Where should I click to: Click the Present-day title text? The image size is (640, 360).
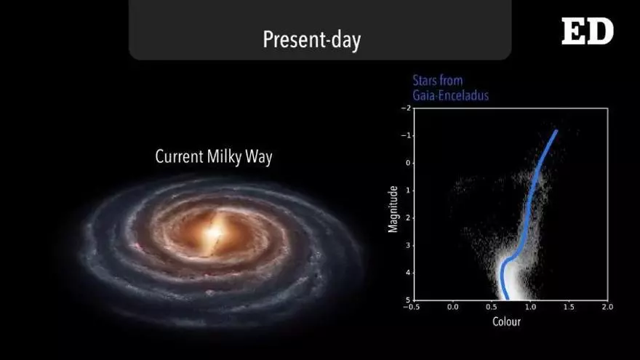pyautogui.click(x=312, y=39)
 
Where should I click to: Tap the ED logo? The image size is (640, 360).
pyautogui.click(x=588, y=31)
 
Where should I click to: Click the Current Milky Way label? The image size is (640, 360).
pyautogui.click(x=214, y=157)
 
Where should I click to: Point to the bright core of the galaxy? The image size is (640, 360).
pyautogui.click(x=214, y=234)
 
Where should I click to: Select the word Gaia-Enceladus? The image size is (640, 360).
pyautogui.click(x=450, y=95)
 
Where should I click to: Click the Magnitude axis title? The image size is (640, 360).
pyautogui.click(x=393, y=209)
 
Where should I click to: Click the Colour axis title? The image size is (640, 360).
pyautogui.click(x=506, y=321)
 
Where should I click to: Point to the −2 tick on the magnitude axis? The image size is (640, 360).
pyautogui.click(x=406, y=108)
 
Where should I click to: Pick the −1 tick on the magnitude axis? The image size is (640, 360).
pyautogui.click(x=406, y=135)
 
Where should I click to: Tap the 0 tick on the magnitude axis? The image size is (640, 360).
pyautogui.click(x=408, y=163)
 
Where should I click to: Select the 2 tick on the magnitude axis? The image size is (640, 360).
pyautogui.click(x=408, y=218)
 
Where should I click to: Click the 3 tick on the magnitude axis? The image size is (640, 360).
pyautogui.click(x=408, y=245)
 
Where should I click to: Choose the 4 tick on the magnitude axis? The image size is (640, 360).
pyautogui.click(x=408, y=273)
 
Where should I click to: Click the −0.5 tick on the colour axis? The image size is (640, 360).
pyautogui.click(x=411, y=307)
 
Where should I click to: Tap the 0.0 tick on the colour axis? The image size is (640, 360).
pyautogui.click(x=452, y=307)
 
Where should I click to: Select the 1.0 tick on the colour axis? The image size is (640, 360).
pyautogui.click(x=530, y=307)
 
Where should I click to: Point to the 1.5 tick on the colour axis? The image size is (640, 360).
pyautogui.click(x=569, y=307)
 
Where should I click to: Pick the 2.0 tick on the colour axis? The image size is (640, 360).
pyautogui.click(x=607, y=307)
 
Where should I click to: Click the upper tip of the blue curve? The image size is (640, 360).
pyautogui.click(x=556, y=131)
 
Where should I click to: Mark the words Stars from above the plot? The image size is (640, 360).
pyautogui.click(x=438, y=81)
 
